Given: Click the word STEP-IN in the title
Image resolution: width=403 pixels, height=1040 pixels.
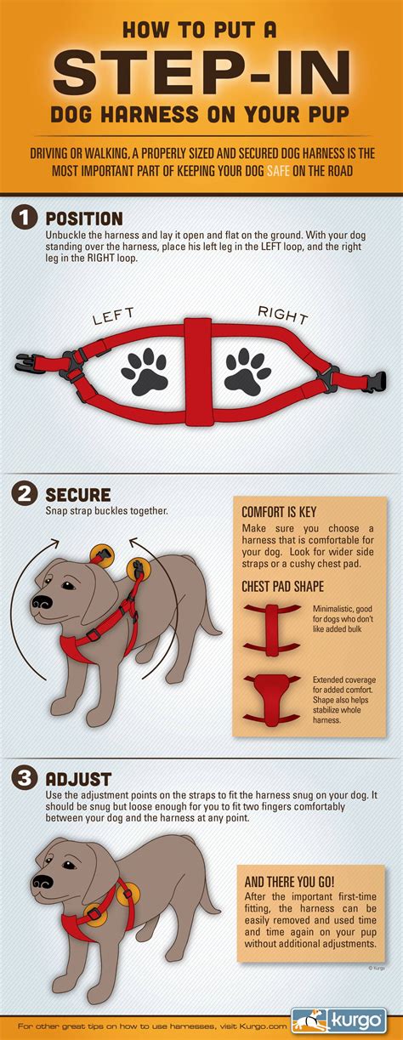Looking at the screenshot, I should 201,74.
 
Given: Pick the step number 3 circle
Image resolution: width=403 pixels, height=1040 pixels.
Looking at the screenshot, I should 23,778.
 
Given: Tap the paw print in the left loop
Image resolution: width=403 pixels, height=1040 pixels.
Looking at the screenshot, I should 144,368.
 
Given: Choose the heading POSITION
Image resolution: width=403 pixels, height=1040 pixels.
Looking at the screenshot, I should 83,219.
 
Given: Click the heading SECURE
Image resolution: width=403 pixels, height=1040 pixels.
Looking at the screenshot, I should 78,495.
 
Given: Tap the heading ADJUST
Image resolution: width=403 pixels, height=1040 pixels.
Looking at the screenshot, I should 77,778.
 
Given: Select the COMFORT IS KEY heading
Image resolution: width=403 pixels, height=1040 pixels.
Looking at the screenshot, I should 280,512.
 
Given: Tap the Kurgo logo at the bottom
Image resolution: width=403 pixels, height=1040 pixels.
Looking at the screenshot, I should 345,1019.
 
